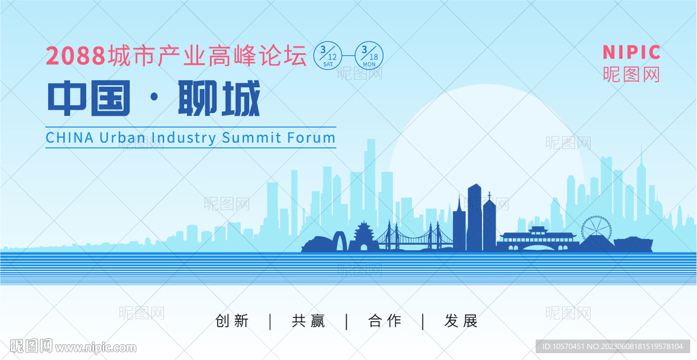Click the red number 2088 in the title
76,56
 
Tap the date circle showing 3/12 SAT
329,55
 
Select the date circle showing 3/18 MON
368,55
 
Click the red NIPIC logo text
631,52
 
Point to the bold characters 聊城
218,98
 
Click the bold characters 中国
89,98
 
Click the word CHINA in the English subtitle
70,137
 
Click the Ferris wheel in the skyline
596,229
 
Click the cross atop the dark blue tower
489,195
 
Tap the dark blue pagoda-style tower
364,236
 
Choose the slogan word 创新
232,321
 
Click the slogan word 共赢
308,321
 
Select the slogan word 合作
385,321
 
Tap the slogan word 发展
461,321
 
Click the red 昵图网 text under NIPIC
631,74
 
